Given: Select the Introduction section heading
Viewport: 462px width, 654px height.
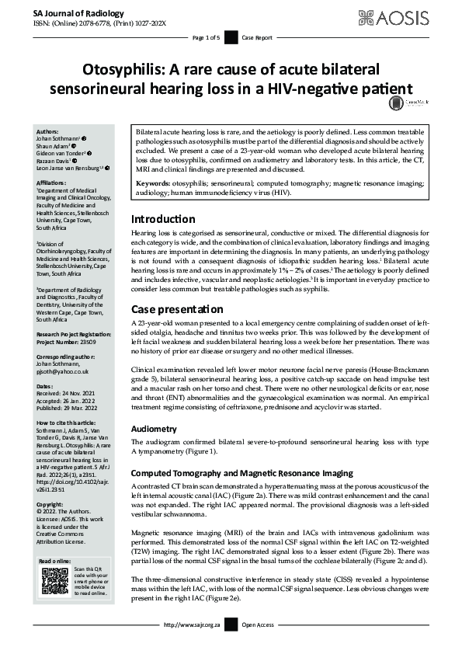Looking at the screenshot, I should pos(163,197).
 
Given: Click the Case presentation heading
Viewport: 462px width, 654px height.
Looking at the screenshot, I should pos(176,308).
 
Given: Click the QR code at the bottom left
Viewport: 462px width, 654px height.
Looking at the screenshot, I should pos(54,580).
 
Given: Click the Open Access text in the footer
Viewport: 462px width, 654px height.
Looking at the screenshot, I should pos(259,645).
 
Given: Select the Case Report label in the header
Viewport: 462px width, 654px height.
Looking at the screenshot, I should pos(258,37).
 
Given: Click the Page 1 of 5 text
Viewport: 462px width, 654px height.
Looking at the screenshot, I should pos(207,37).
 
